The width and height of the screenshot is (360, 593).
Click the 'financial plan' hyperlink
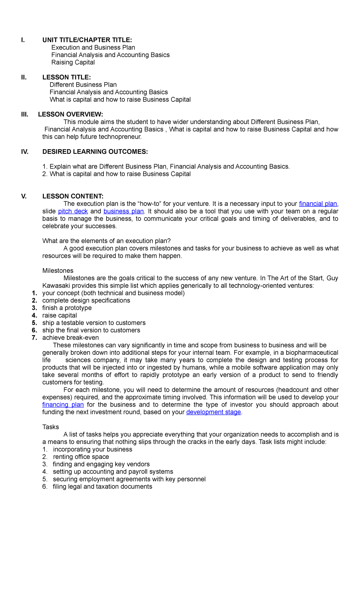(318, 204)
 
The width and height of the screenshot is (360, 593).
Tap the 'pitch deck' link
(73, 211)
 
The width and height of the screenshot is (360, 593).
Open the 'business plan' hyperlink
(124, 211)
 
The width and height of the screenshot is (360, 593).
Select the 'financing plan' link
(63, 405)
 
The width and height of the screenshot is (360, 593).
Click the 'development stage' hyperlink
(214, 412)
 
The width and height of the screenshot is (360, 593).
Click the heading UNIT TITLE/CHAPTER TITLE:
(87, 40)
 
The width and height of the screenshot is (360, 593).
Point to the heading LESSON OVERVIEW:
(70, 114)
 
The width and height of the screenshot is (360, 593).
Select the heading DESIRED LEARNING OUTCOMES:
(95, 152)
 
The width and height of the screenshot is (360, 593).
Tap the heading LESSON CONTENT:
(73, 196)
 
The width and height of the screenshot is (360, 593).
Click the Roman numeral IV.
(25, 152)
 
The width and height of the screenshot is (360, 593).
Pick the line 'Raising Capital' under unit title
(73, 62)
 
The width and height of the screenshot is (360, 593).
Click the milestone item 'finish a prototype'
(67, 308)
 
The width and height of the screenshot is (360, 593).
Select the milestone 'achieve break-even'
(70, 338)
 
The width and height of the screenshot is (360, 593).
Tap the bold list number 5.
(34, 323)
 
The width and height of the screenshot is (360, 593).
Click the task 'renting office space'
(81, 457)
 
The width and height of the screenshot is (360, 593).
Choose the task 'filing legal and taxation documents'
(102, 486)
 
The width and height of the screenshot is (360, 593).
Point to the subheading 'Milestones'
(58, 271)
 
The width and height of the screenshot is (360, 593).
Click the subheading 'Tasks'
(51, 427)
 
